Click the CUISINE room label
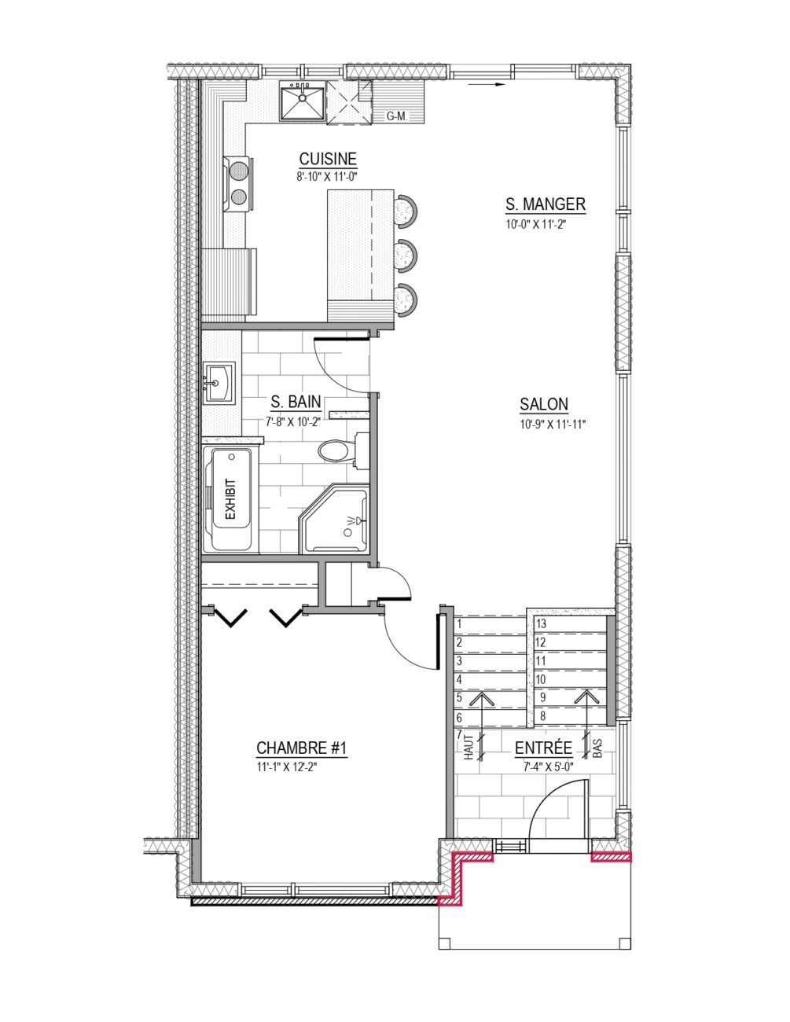329,159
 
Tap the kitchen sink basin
301,101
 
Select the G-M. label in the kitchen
397,116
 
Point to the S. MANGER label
546,204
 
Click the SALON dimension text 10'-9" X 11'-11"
552,425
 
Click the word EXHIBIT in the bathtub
230,499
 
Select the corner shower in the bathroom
335,517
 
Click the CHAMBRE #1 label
301,748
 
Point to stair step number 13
541,623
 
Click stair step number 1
459,624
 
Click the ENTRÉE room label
544,748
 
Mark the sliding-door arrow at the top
487,85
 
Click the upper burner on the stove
238,169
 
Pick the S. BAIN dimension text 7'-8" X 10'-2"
292,422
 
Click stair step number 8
542,716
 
